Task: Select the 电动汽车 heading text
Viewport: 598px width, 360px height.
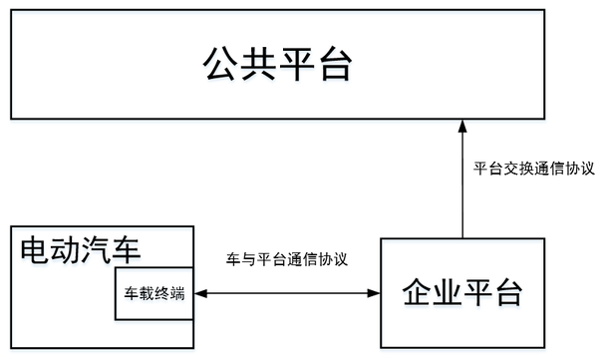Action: pos(81,247)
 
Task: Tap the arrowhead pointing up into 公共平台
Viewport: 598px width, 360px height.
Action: pos(462,126)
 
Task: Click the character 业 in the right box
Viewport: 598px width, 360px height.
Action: pos(446,293)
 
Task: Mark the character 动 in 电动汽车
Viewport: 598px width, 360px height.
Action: pos(66,247)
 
